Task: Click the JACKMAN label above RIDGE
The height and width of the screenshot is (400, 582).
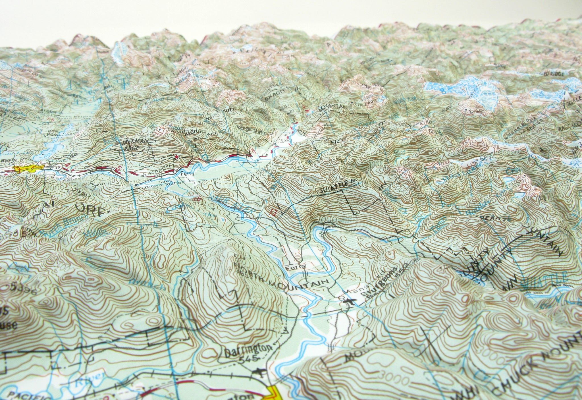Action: (132, 142)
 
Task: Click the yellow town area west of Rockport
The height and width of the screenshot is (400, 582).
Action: (28, 169)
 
